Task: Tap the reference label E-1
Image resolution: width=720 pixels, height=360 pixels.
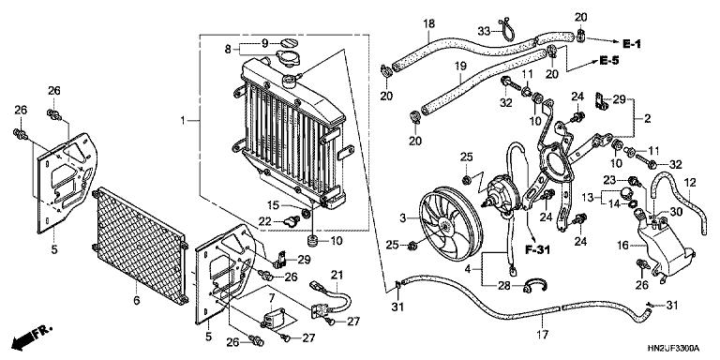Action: point(634,42)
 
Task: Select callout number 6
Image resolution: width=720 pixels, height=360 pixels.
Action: point(138,300)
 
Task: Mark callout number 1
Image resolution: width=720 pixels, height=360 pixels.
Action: point(185,120)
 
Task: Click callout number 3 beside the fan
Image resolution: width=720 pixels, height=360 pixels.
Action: point(402,217)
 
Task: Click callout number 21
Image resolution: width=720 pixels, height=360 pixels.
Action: point(336,274)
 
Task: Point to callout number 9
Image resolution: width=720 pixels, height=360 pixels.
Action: point(264,42)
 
